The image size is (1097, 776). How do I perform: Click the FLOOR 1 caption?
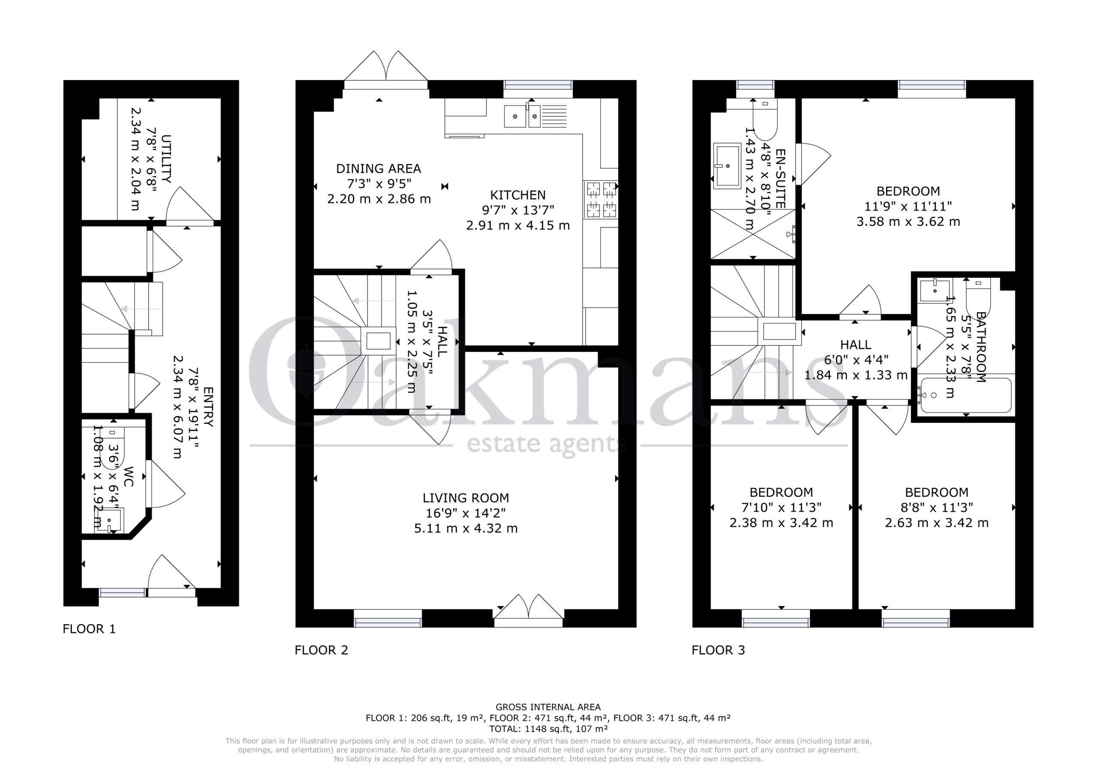pyautogui.click(x=90, y=629)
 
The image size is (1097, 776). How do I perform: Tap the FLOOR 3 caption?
pyautogui.click(x=718, y=650)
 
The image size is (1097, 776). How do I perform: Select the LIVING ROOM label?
pyautogui.click(x=466, y=498)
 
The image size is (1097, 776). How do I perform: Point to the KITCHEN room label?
pyautogui.click(x=518, y=195)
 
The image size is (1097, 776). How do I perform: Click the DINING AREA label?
pyautogui.click(x=379, y=169)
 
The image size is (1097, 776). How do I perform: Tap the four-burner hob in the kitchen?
pyautogui.click(x=601, y=199)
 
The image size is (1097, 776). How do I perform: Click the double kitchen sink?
pyautogui.click(x=535, y=116)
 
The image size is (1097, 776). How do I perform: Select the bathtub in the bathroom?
pyautogui.click(x=965, y=395)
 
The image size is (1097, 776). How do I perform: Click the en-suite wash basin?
pyautogui.click(x=727, y=166)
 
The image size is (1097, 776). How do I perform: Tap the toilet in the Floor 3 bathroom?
pyautogui.click(x=978, y=294)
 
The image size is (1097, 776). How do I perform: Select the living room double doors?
pyautogui.click(x=528, y=610)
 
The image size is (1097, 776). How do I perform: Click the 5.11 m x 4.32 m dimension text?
pyautogui.click(x=466, y=528)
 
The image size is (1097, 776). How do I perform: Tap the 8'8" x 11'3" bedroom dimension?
pyautogui.click(x=936, y=507)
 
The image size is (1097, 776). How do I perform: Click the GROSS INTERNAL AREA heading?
pyautogui.click(x=548, y=707)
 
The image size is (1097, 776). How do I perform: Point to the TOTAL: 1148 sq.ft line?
pyautogui.click(x=548, y=729)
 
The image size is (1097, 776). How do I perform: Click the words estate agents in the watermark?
pyautogui.click(x=546, y=444)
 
